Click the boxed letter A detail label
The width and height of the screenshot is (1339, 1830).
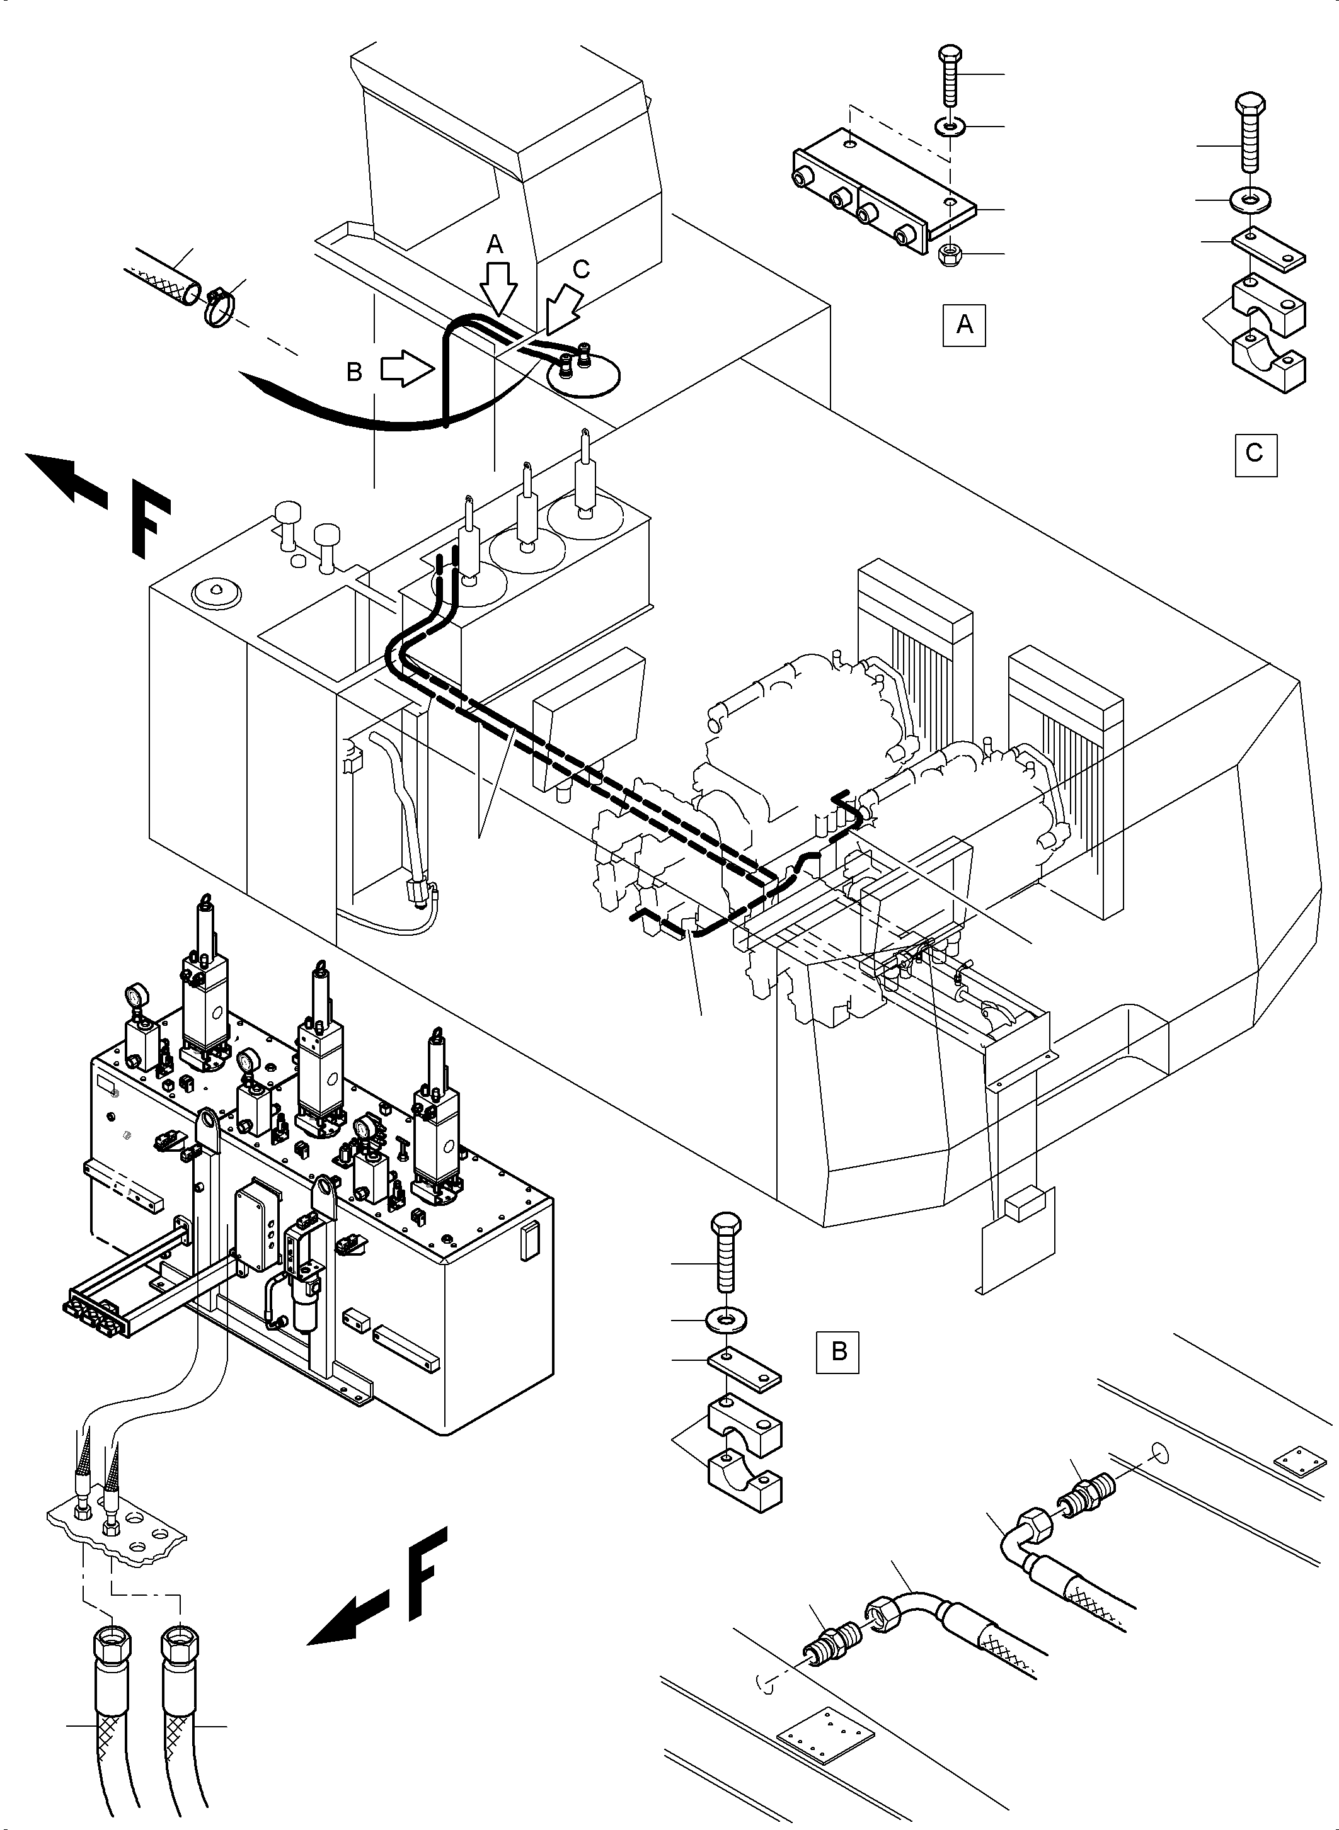(x=963, y=325)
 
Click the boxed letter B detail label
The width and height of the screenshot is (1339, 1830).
(x=838, y=1352)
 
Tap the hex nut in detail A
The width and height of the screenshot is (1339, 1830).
(x=946, y=255)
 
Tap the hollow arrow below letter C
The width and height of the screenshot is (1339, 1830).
(x=563, y=313)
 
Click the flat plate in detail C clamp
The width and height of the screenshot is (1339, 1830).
(x=1268, y=249)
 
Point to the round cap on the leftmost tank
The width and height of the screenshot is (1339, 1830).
(x=216, y=594)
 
